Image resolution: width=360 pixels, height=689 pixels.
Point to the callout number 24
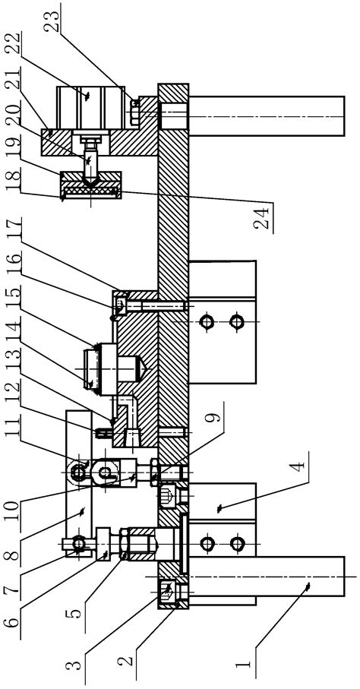(x=263, y=218)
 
